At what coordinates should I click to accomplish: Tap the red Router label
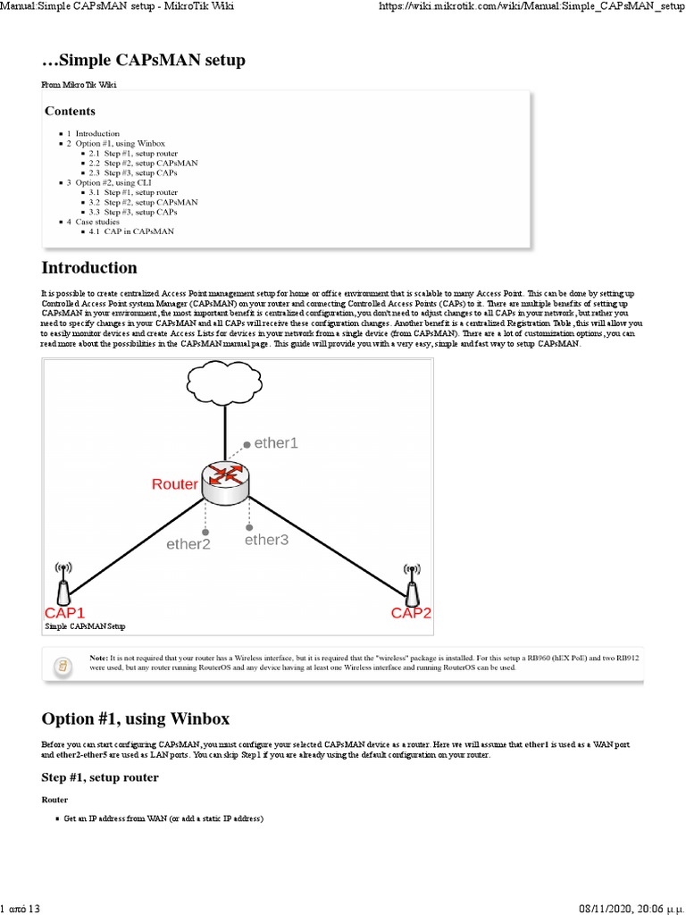pyautogui.click(x=174, y=484)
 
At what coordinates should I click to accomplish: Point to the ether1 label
pyautogui.click(x=276, y=442)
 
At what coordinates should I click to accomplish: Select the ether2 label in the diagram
pyautogui.click(x=188, y=543)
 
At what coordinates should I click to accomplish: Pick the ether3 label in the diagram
pyautogui.click(x=266, y=540)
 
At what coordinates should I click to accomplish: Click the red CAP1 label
pyautogui.click(x=65, y=613)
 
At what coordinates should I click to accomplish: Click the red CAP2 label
pyautogui.click(x=411, y=613)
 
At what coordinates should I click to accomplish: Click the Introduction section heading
pyautogui.click(x=89, y=268)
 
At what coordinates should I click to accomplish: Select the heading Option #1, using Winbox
pyautogui.click(x=136, y=718)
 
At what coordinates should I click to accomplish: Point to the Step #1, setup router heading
pyautogui.click(x=100, y=777)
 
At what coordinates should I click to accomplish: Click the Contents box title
pyautogui.click(x=70, y=112)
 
